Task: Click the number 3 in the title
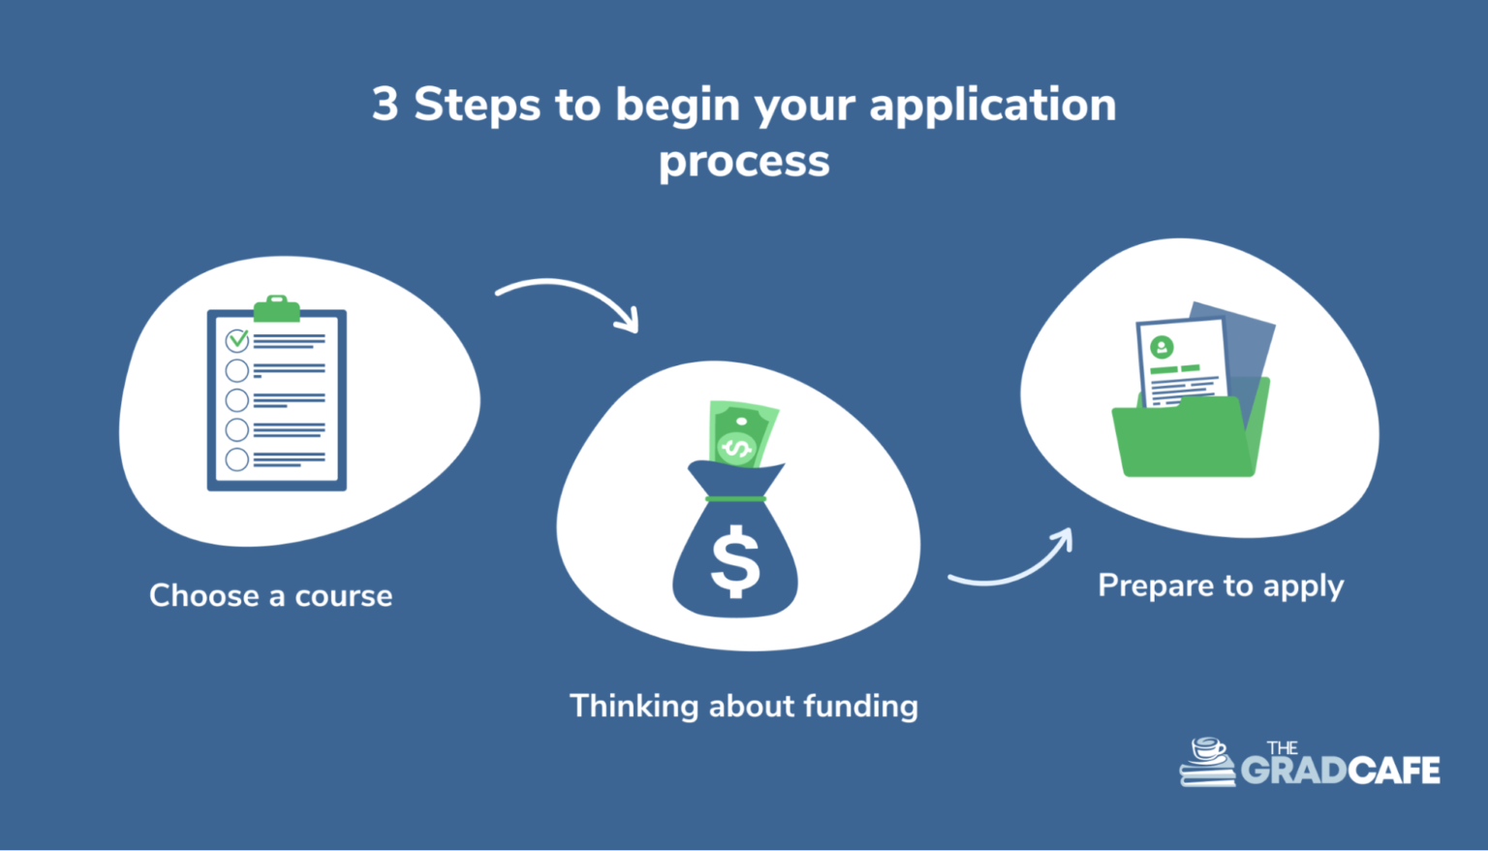386,105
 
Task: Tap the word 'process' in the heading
744,163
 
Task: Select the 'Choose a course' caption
271,595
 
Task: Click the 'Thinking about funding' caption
744,706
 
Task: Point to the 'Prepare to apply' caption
1221,586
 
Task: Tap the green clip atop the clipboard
276,308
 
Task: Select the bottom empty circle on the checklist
237,459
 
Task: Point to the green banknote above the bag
743,433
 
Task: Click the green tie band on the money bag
735,498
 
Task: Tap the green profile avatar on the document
1162,347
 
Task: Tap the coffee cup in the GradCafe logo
1209,748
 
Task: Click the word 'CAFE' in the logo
1394,771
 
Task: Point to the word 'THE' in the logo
1282,748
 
